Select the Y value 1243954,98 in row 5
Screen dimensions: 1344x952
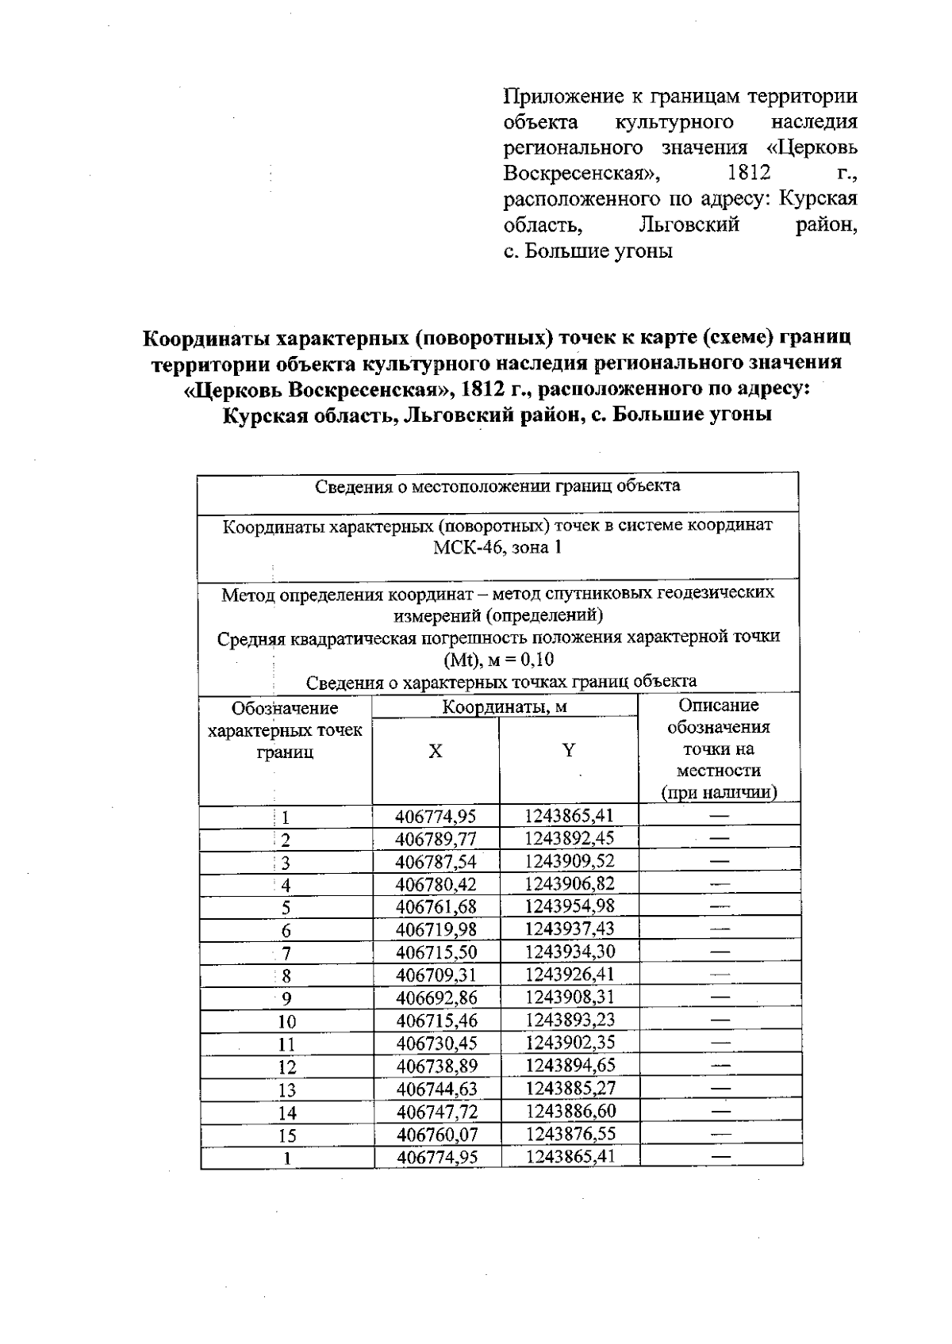(x=570, y=906)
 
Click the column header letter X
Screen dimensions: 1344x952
(x=436, y=751)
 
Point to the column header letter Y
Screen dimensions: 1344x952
(x=568, y=750)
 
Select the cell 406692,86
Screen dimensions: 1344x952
(x=436, y=998)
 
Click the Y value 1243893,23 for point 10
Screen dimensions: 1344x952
(x=570, y=1020)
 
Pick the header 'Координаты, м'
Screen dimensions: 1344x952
(x=505, y=706)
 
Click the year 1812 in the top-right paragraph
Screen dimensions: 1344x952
(x=749, y=173)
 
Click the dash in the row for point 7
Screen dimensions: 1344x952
(x=720, y=952)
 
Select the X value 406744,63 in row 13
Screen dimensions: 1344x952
(x=436, y=1089)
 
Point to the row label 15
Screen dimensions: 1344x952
(x=286, y=1135)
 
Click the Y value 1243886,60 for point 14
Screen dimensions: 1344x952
(x=570, y=1111)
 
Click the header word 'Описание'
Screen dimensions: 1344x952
(x=719, y=705)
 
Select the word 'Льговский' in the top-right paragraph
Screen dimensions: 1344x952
(x=689, y=224)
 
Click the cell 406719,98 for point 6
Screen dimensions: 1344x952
(x=436, y=929)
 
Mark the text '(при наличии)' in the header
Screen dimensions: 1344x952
(x=719, y=792)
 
